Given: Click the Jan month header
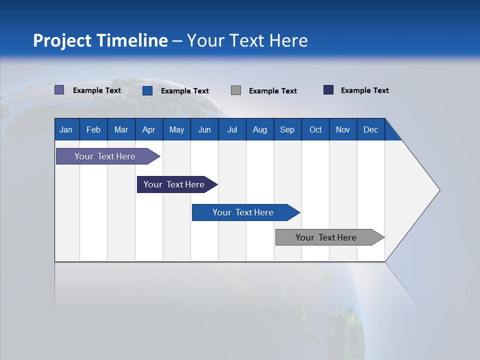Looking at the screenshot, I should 66,129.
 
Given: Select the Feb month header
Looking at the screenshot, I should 93,129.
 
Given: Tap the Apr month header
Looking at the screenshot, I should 148,129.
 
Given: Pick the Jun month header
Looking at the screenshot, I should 204,129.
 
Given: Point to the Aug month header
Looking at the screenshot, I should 259,129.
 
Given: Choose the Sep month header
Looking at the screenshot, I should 287,129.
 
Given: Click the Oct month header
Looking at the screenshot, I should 315,129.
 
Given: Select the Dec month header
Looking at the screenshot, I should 370,129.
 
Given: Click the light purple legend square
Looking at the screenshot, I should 59,90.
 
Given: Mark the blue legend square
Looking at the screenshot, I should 147,90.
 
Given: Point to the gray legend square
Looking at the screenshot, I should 236,90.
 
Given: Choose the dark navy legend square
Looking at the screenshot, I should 328,90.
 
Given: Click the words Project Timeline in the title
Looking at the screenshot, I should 100,40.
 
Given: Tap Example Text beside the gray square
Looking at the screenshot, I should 272,90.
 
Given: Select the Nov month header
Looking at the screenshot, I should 343,129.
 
